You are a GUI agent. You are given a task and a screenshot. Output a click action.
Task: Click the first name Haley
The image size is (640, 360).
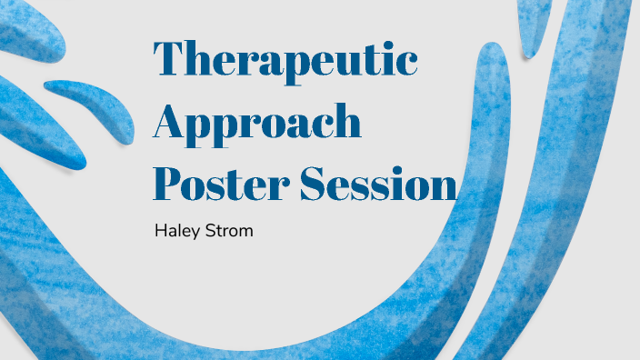click(175, 232)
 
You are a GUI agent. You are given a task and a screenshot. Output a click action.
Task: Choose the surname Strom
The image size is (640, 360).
click(226, 232)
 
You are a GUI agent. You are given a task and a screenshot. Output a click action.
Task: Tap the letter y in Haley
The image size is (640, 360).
click(194, 235)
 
